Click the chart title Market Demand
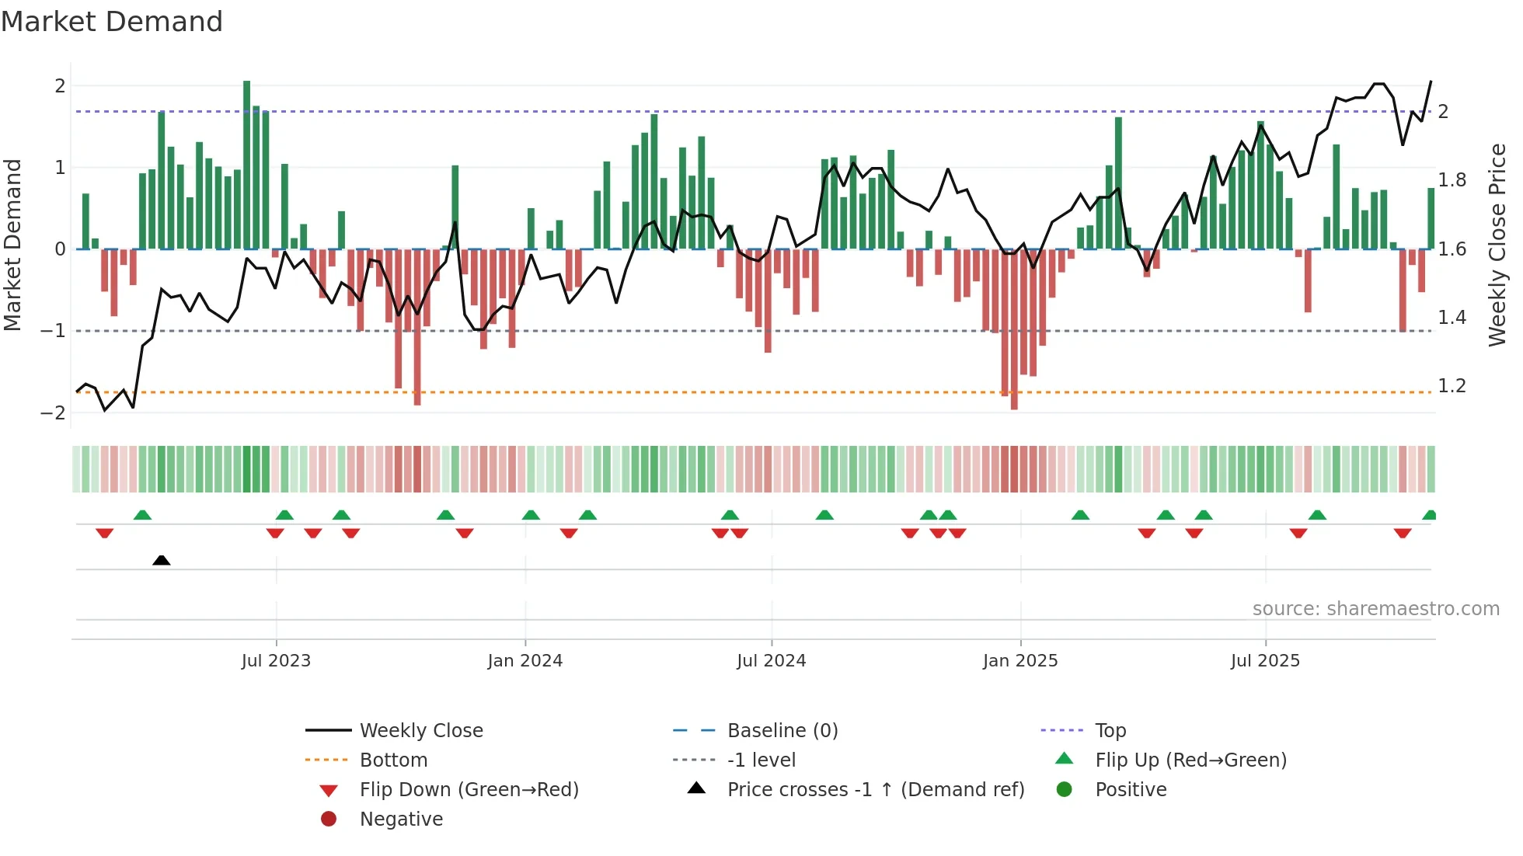point(112,22)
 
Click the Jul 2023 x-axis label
point(276,661)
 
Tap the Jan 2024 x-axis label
point(525,661)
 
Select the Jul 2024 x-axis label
point(771,661)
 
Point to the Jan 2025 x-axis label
point(1019,661)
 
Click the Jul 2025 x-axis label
point(1265,661)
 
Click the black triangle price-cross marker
point(162,561)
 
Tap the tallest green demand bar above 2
point(246,163)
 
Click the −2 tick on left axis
point(54,412)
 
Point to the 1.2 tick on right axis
point(1452,386)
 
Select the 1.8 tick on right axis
point(1452,180)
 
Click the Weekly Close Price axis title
point(1497,245)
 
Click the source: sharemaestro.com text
point(1375,609)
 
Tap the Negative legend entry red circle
point(329,819)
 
